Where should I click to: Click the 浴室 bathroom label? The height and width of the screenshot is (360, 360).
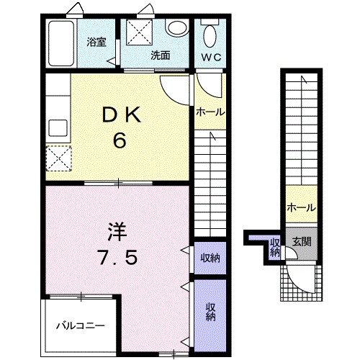(x=96, y=41)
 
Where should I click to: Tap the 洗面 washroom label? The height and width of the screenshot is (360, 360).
(x=160, y=55)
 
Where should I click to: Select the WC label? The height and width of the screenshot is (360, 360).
(x=211, y=56)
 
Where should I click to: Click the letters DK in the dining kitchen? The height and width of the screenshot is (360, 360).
(x=119, y=113)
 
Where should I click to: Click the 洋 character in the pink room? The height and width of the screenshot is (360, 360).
(x=117, y=232)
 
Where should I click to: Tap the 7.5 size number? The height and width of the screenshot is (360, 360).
(x=118, y=258)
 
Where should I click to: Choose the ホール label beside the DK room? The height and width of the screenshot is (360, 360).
(x=210, y=112)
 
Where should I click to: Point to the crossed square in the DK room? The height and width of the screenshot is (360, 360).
(x=58, y=157)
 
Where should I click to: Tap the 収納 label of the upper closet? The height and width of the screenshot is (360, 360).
(x=210, y=258)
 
